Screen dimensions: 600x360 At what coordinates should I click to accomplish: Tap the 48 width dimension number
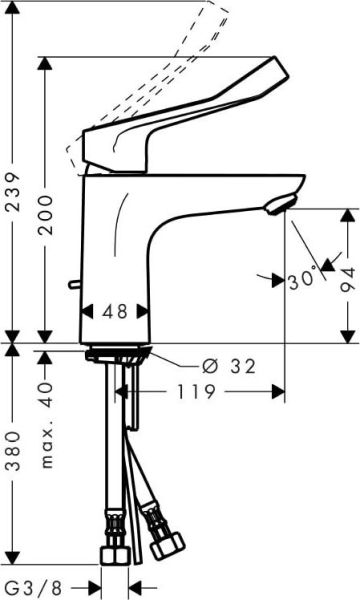click(115, 311)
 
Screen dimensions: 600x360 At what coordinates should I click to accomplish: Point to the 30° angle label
click(301, 281)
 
